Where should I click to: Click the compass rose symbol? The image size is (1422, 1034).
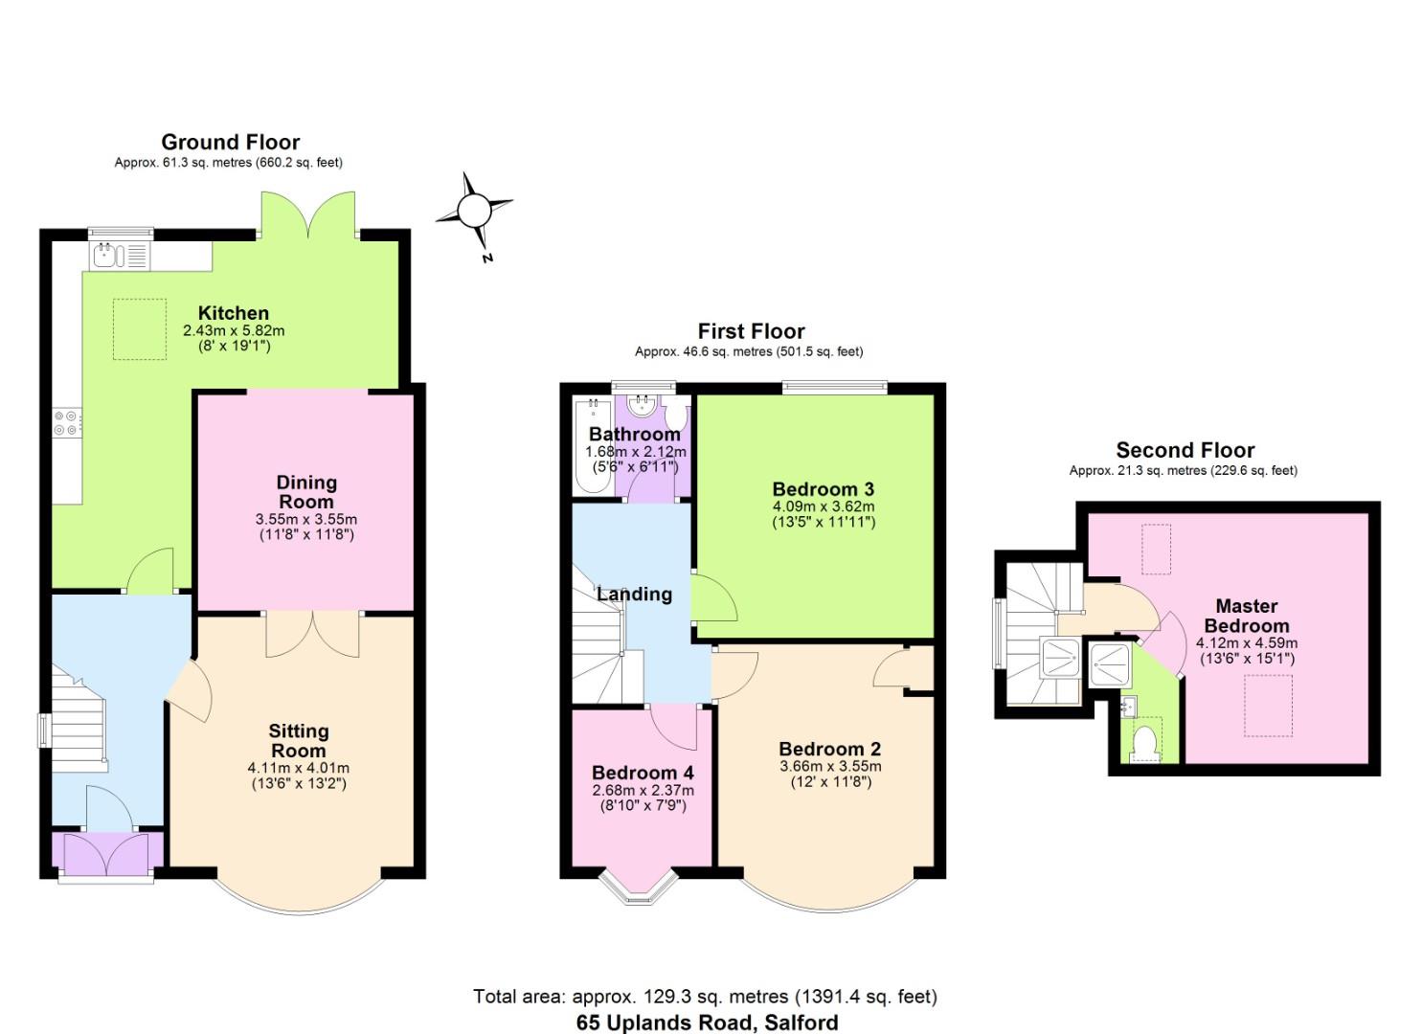(473, 211)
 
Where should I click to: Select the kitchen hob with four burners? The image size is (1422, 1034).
(67, 423)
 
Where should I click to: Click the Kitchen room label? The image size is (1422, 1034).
(233, 313)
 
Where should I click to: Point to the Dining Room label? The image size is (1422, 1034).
(306, 491)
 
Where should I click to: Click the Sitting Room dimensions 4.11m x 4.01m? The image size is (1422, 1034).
(298, 768)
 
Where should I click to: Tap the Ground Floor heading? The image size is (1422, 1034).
(230, 143)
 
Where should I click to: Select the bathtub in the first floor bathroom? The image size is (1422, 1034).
(593, 447)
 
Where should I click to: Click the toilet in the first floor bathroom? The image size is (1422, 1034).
(676, 415)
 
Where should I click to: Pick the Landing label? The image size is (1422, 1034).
(634, 595)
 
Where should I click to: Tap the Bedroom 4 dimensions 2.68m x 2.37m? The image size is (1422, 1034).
(643, 791)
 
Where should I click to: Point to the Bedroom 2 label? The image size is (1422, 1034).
(829, 749)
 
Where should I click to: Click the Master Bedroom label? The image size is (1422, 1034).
(1246, 616)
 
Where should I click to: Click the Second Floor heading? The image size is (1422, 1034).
(1185, 450)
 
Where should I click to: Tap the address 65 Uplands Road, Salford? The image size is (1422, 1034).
(707, 1023)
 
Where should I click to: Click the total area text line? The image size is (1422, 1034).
(705, 997)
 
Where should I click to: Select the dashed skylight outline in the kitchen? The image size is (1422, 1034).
(139, 328)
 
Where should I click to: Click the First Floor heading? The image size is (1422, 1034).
(751, 331)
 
